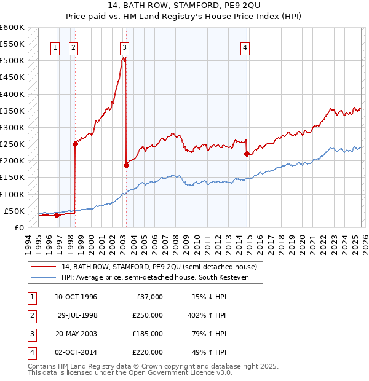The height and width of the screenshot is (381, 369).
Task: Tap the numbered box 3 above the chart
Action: pyautogui.click(x=125, y=49)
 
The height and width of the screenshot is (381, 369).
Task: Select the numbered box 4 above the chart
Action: pyautogui.click(x=245, y=49)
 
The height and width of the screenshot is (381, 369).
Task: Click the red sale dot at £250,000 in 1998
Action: pyautogui.click(x=75, y=144)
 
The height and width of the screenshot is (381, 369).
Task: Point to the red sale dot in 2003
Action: pyautogui.click(x=126, y=165)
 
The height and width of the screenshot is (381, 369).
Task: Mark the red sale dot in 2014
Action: pyautogui.click(x=247, y=154)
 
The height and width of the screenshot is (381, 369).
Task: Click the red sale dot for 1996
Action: pyautogui.click(x=57, y=215)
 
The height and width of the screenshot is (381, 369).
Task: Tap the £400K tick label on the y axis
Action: pyautogui.click(x=12, y=94)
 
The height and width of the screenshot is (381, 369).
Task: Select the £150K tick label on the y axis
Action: pyautogui.click(x=12, y=178)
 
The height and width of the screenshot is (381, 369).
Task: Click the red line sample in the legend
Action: pyautogui.click(x=43, y=267)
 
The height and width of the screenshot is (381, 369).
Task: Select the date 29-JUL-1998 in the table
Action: pyautogui.click(x=77, y=315)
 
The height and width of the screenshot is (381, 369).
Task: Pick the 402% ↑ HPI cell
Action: pyautogui.click(x=206, y=315)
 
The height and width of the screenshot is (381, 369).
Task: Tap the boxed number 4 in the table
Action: pyautogui.click(x=30, y=352)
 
